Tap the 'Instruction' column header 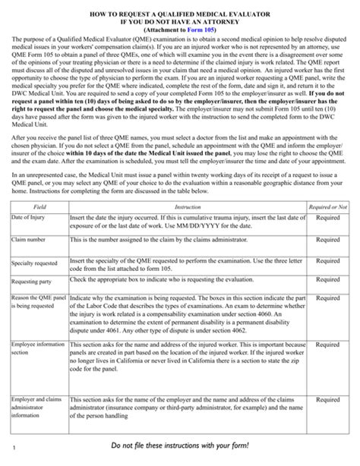tap(177, 206)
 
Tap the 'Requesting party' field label tap(31, 280)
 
